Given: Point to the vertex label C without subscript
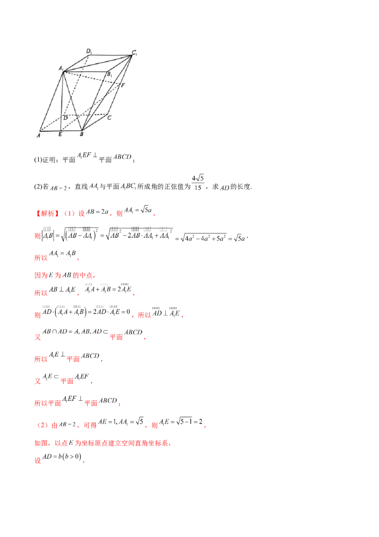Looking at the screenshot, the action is (x=109, y=118).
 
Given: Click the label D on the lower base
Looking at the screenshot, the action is (x=65, y=117).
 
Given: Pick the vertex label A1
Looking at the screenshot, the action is (x=61, y=68).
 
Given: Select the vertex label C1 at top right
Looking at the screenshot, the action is (x=135, y=53).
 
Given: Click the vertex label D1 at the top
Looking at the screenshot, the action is (x=89, y=51).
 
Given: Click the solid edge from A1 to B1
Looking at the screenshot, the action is (x=85, y=72).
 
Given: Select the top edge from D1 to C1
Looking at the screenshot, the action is (x=110, y=55).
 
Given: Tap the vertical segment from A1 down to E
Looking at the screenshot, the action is (x=62, y=102).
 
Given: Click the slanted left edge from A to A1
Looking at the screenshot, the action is (x=51, y=101).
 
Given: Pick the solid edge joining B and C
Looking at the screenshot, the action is (x=94, y=122).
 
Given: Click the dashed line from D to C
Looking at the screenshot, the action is (x=88, y=114).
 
